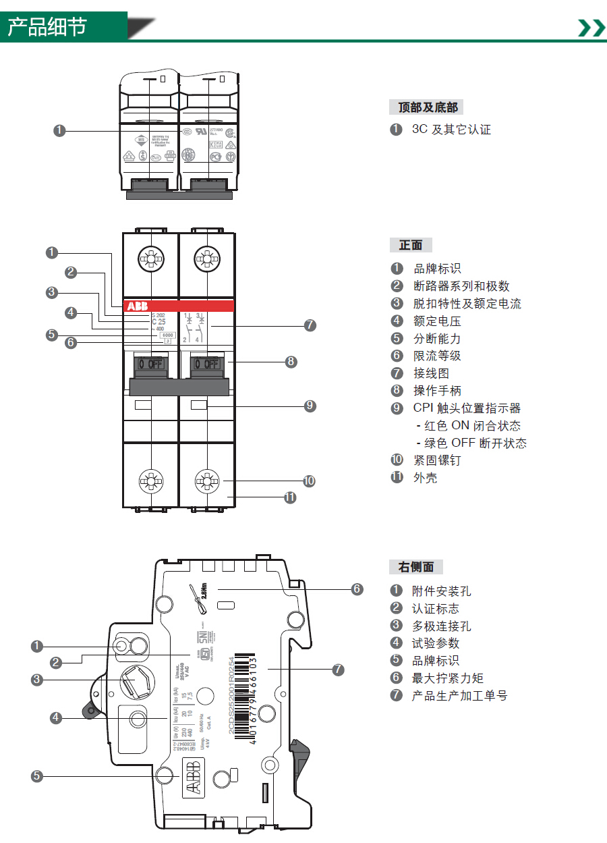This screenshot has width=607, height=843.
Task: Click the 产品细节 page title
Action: point(47,26)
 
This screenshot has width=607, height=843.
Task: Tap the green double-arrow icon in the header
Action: point(591,28)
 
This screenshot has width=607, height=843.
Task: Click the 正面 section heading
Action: point(410,245)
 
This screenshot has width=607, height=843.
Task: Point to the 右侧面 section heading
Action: point(416,567)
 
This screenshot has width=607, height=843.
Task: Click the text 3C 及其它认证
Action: point(451,129)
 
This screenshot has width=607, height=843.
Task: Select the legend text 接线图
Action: point(431,373)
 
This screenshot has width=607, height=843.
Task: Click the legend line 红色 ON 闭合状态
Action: point(472,426)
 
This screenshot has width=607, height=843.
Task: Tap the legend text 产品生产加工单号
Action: point(459,696)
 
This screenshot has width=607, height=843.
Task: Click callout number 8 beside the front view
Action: point(291,362)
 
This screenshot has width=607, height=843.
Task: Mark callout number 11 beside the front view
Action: point(290,497)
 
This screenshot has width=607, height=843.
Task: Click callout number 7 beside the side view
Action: point(338,670)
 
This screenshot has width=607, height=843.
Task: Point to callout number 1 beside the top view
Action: point(59,130)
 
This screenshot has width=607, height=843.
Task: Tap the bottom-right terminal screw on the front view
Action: point(207,481)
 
